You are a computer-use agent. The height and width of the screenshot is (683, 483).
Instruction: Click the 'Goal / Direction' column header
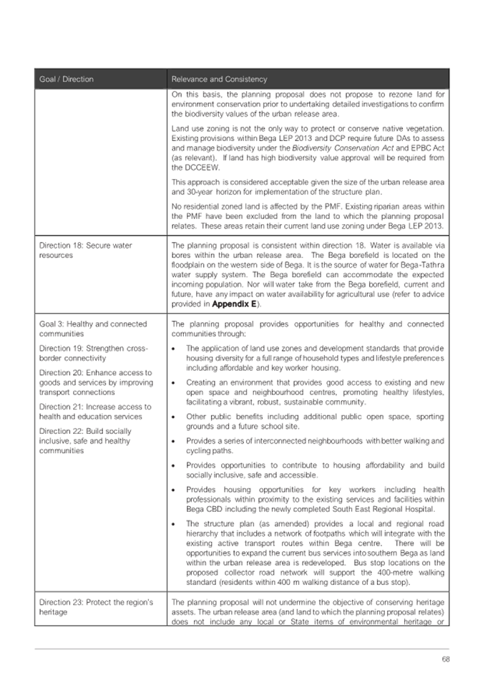[x=67, y=79]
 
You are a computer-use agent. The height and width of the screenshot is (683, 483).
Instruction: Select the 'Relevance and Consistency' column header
[x=218, y=79]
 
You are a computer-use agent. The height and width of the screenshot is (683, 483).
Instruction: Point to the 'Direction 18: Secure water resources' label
[x=85, y=250]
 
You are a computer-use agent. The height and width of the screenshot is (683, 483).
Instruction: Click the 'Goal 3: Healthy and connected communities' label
[x=93, y=328]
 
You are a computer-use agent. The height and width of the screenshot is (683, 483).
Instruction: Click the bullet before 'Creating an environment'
[x=175, y=382]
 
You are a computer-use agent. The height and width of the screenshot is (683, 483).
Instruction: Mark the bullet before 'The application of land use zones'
[x=175, y=348]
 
